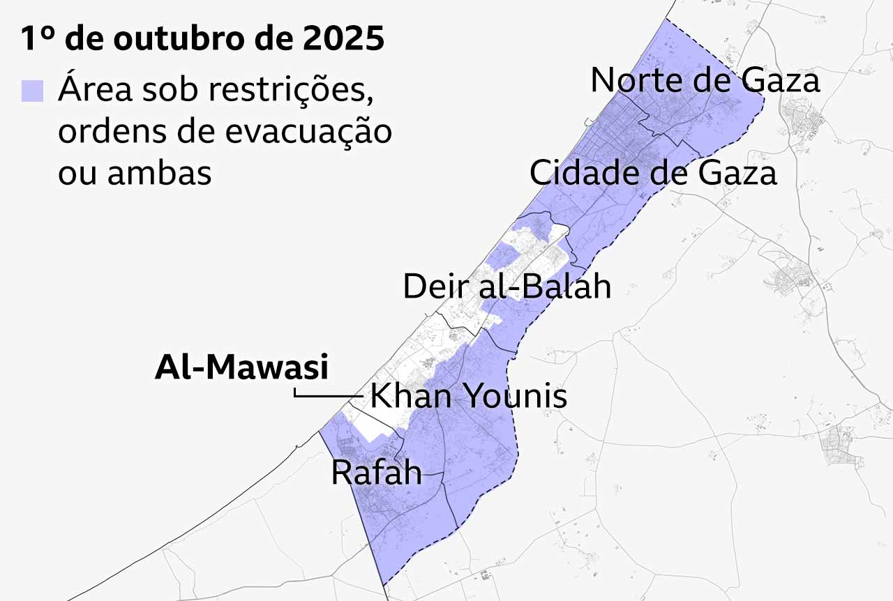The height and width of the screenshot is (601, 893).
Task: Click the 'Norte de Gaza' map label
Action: point(705,81)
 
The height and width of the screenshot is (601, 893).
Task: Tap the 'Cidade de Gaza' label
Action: point(652,172)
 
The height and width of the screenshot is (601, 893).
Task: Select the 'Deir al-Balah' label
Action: point(507,287)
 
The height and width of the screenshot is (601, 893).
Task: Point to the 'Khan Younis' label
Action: point(468,397)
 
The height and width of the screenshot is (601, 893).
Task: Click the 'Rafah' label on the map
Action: point(376,473)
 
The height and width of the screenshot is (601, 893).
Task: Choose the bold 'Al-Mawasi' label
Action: point(241,367)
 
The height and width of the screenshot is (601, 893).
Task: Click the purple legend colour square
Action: point(32,91)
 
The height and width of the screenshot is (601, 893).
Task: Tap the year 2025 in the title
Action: point(344,39)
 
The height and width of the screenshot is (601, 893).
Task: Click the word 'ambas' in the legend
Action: point(159,173)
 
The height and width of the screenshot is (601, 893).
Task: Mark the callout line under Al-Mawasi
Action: point(328,396)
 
